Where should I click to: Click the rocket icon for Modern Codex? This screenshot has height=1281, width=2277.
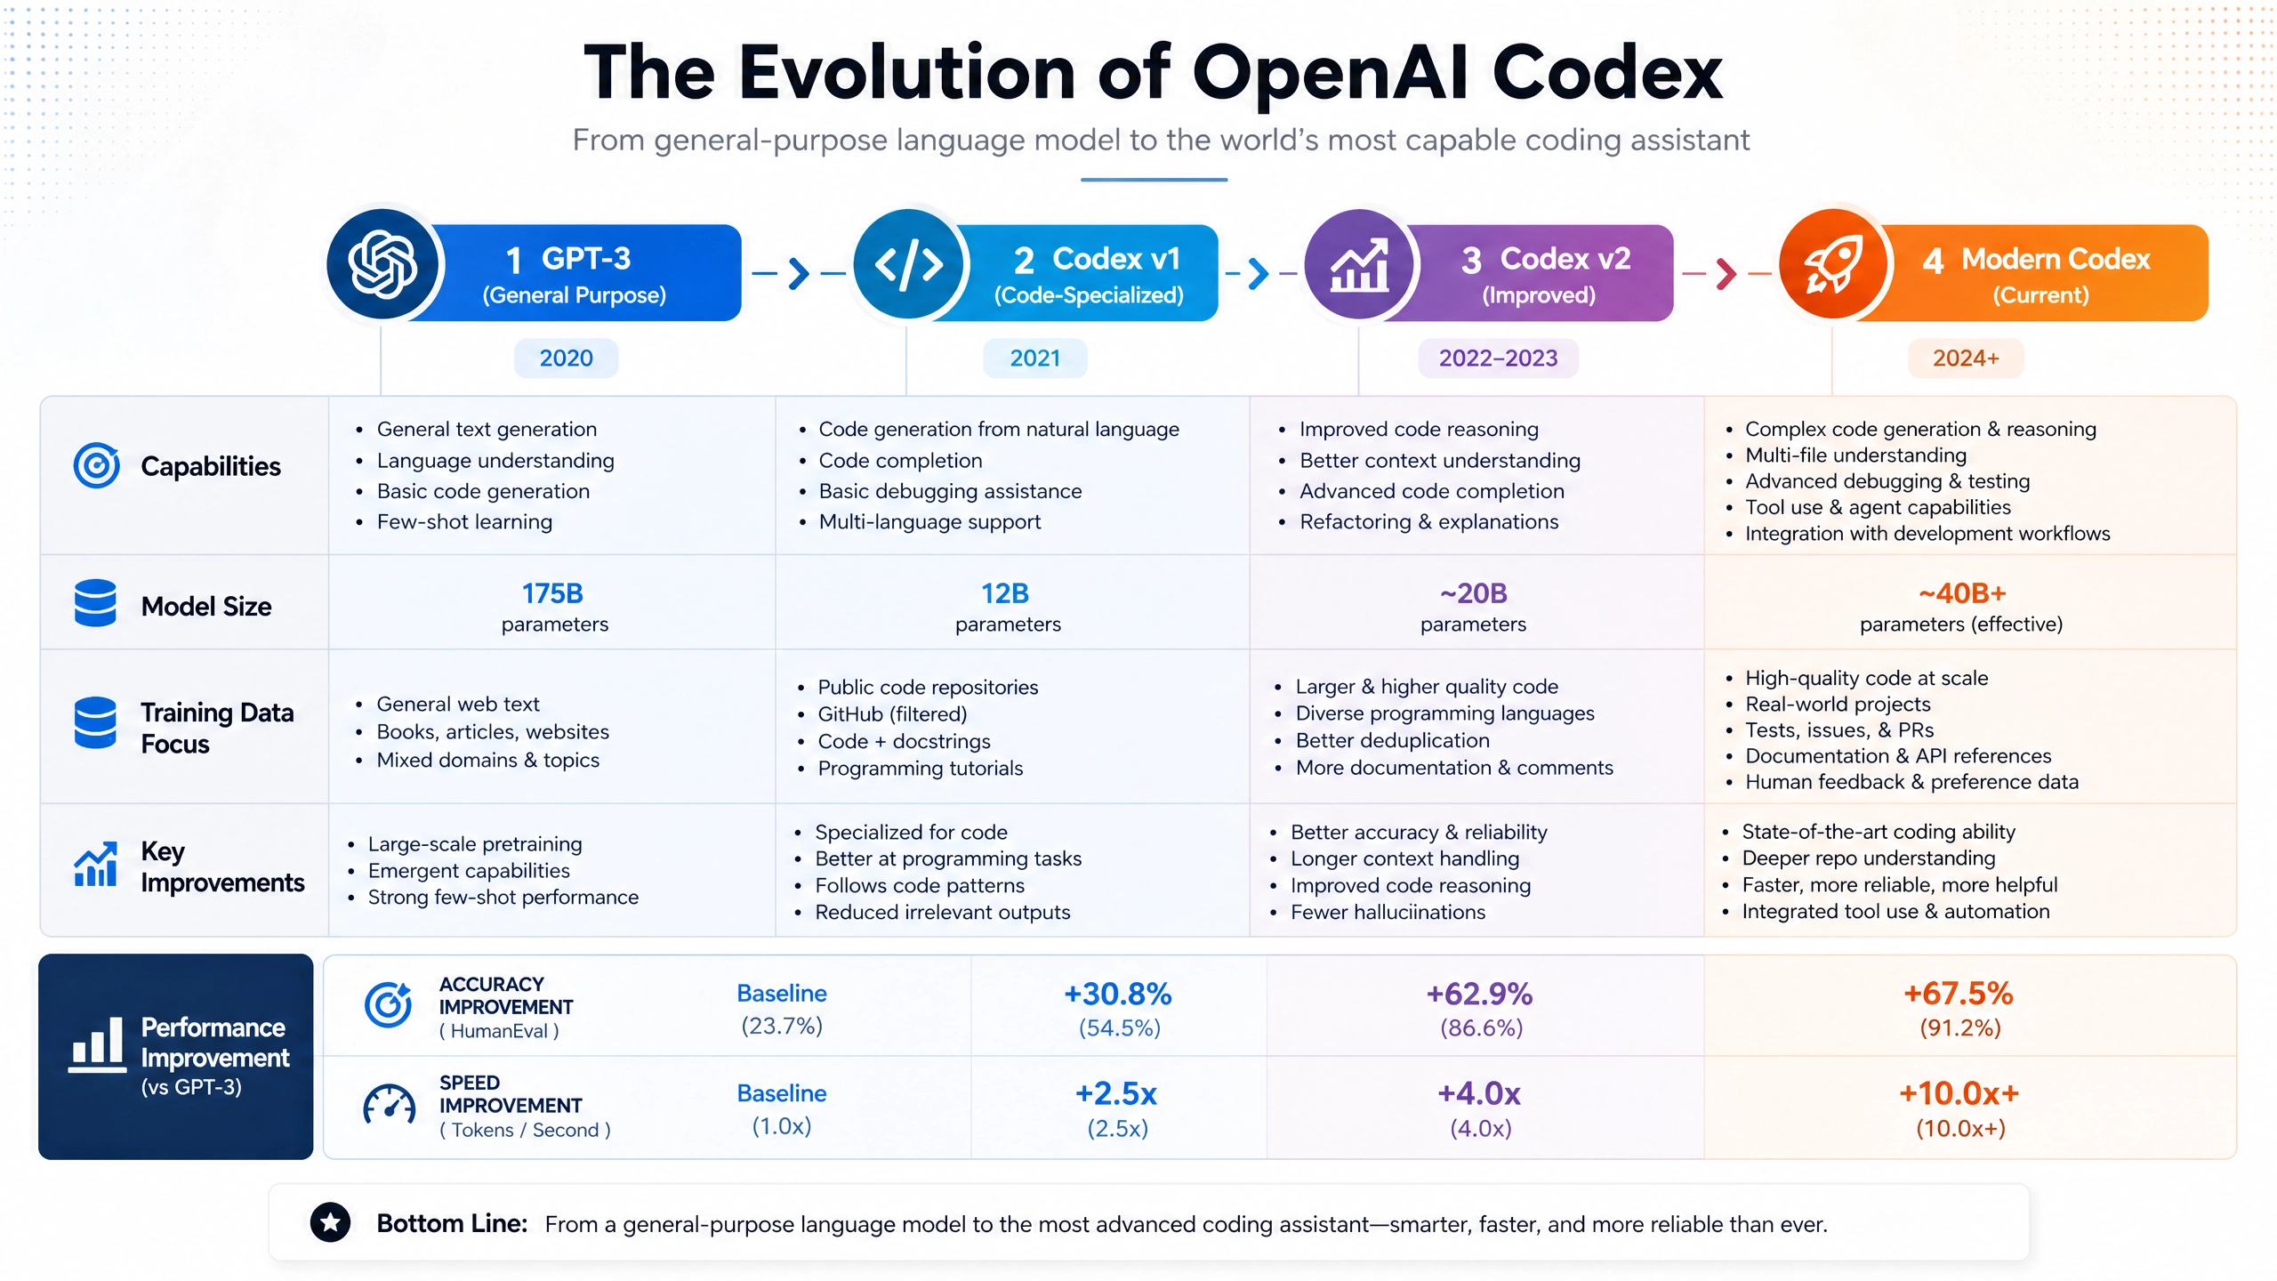(x=1833, y=265)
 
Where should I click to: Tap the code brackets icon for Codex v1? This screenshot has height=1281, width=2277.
(x=908, y=264)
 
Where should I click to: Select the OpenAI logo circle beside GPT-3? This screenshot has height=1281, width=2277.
(x=382, y=264)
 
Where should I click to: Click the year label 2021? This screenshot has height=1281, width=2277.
(x=1034, y=358)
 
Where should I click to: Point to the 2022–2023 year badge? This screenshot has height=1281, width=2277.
(x=1498, y=358)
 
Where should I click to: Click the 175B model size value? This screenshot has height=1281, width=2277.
(x=552, y=593)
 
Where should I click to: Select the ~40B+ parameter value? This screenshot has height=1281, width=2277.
(x=1962, y=593)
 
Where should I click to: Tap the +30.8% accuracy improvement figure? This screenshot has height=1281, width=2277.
(x=1118, y=994)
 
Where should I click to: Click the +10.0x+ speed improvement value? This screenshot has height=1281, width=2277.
(x=1959, y=1093)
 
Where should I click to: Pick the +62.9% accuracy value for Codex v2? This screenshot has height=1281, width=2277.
(x=1480, y=994)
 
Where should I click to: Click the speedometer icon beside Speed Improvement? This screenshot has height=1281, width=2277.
(x=389, y=1105)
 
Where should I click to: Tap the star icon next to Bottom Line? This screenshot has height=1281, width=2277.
(x=330, y=1223)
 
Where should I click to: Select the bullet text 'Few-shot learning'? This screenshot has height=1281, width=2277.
(x=464, y=522)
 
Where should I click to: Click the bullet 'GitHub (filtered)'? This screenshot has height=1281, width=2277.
(x=892, y=714)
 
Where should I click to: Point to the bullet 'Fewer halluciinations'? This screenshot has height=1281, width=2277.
(x=1388, y=912)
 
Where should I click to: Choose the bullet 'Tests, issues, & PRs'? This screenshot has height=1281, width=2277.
(x=1839, y=730)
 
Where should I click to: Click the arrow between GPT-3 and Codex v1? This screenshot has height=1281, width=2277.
(x=799, y=273)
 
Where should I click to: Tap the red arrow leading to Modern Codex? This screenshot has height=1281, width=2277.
(x=1726, y=273)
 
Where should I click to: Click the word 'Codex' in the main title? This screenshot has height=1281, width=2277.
(x=1607, y=73)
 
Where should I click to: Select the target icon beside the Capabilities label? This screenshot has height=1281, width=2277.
(x=96, y=465)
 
